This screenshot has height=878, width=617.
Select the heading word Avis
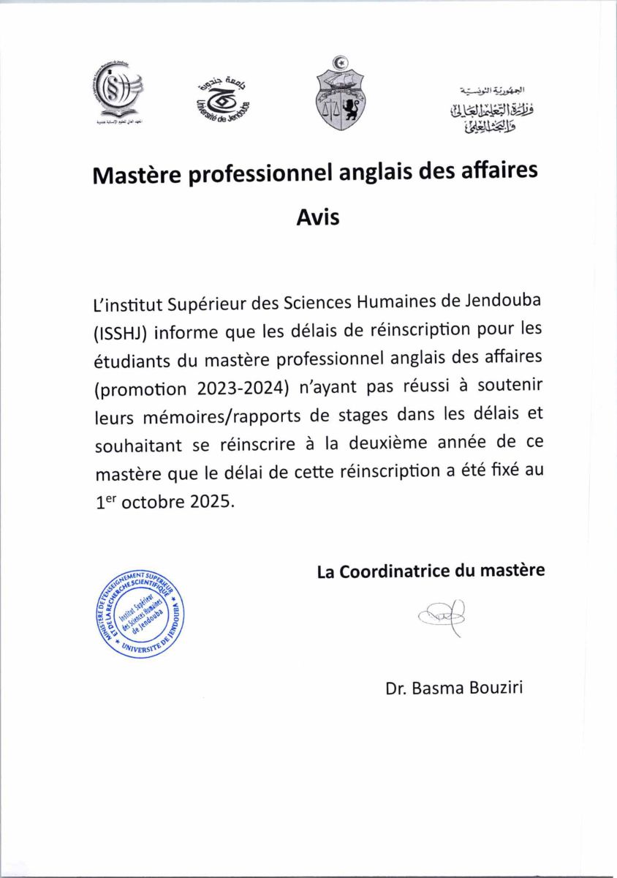point(318,217)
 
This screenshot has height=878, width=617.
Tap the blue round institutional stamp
point(140,612)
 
